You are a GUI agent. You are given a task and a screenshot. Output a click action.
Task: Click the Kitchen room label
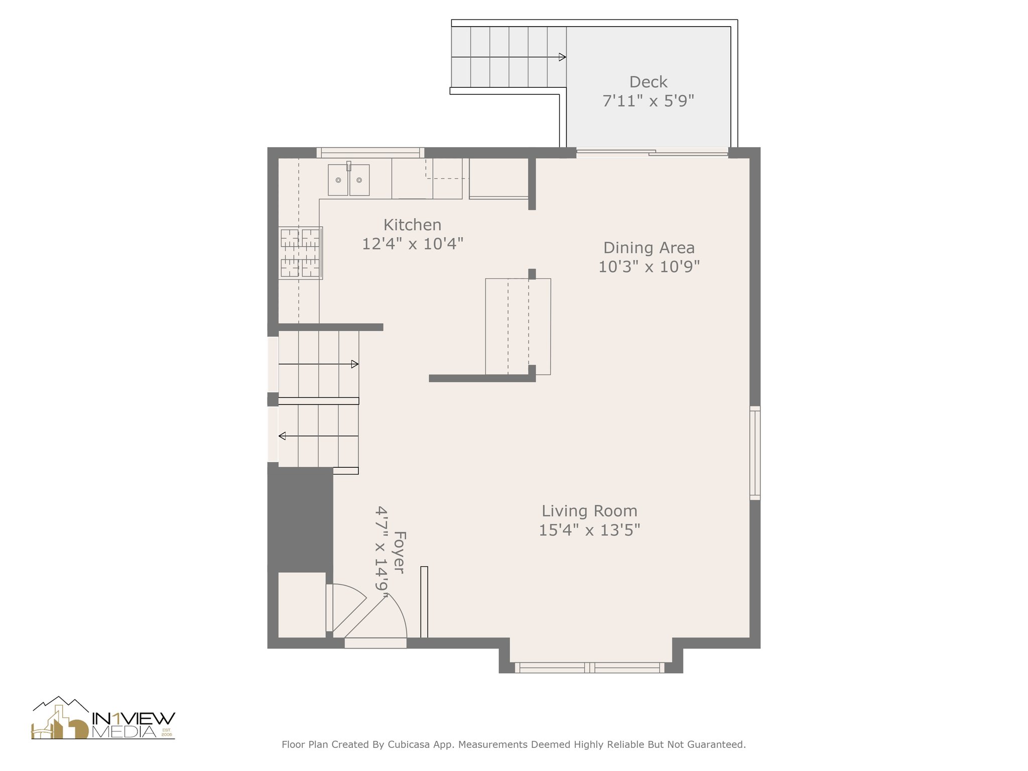(412, 225)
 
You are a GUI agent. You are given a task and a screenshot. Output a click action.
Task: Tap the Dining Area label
(649, 247)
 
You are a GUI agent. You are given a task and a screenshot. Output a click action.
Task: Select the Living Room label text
(589, 511)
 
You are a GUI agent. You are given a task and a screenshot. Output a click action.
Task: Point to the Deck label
(648, 82)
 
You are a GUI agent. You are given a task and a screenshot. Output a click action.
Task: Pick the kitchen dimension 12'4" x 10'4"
(412, 244)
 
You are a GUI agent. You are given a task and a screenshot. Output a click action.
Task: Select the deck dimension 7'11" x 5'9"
(648, 101)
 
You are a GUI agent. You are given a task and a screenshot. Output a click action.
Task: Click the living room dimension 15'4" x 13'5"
(589, 530)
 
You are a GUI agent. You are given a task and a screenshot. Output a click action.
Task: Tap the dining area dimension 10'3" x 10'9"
(649, 267)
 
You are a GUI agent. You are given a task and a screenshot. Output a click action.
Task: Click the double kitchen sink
(349, 179)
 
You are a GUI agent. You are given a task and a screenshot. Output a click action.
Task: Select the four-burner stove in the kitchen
(301, 253)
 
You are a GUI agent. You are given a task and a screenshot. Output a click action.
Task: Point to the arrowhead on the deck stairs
(563, 57)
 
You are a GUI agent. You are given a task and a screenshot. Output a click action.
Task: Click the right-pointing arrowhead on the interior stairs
(355, 364)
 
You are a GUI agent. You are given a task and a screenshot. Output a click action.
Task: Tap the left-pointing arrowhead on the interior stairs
(282, 436)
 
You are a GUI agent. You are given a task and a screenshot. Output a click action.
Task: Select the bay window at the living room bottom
(590, 668)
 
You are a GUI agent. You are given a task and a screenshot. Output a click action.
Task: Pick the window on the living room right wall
(755, 453)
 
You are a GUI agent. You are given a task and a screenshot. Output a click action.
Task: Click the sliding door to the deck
(652, 153)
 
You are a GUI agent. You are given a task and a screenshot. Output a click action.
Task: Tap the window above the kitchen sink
(370, 152)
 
